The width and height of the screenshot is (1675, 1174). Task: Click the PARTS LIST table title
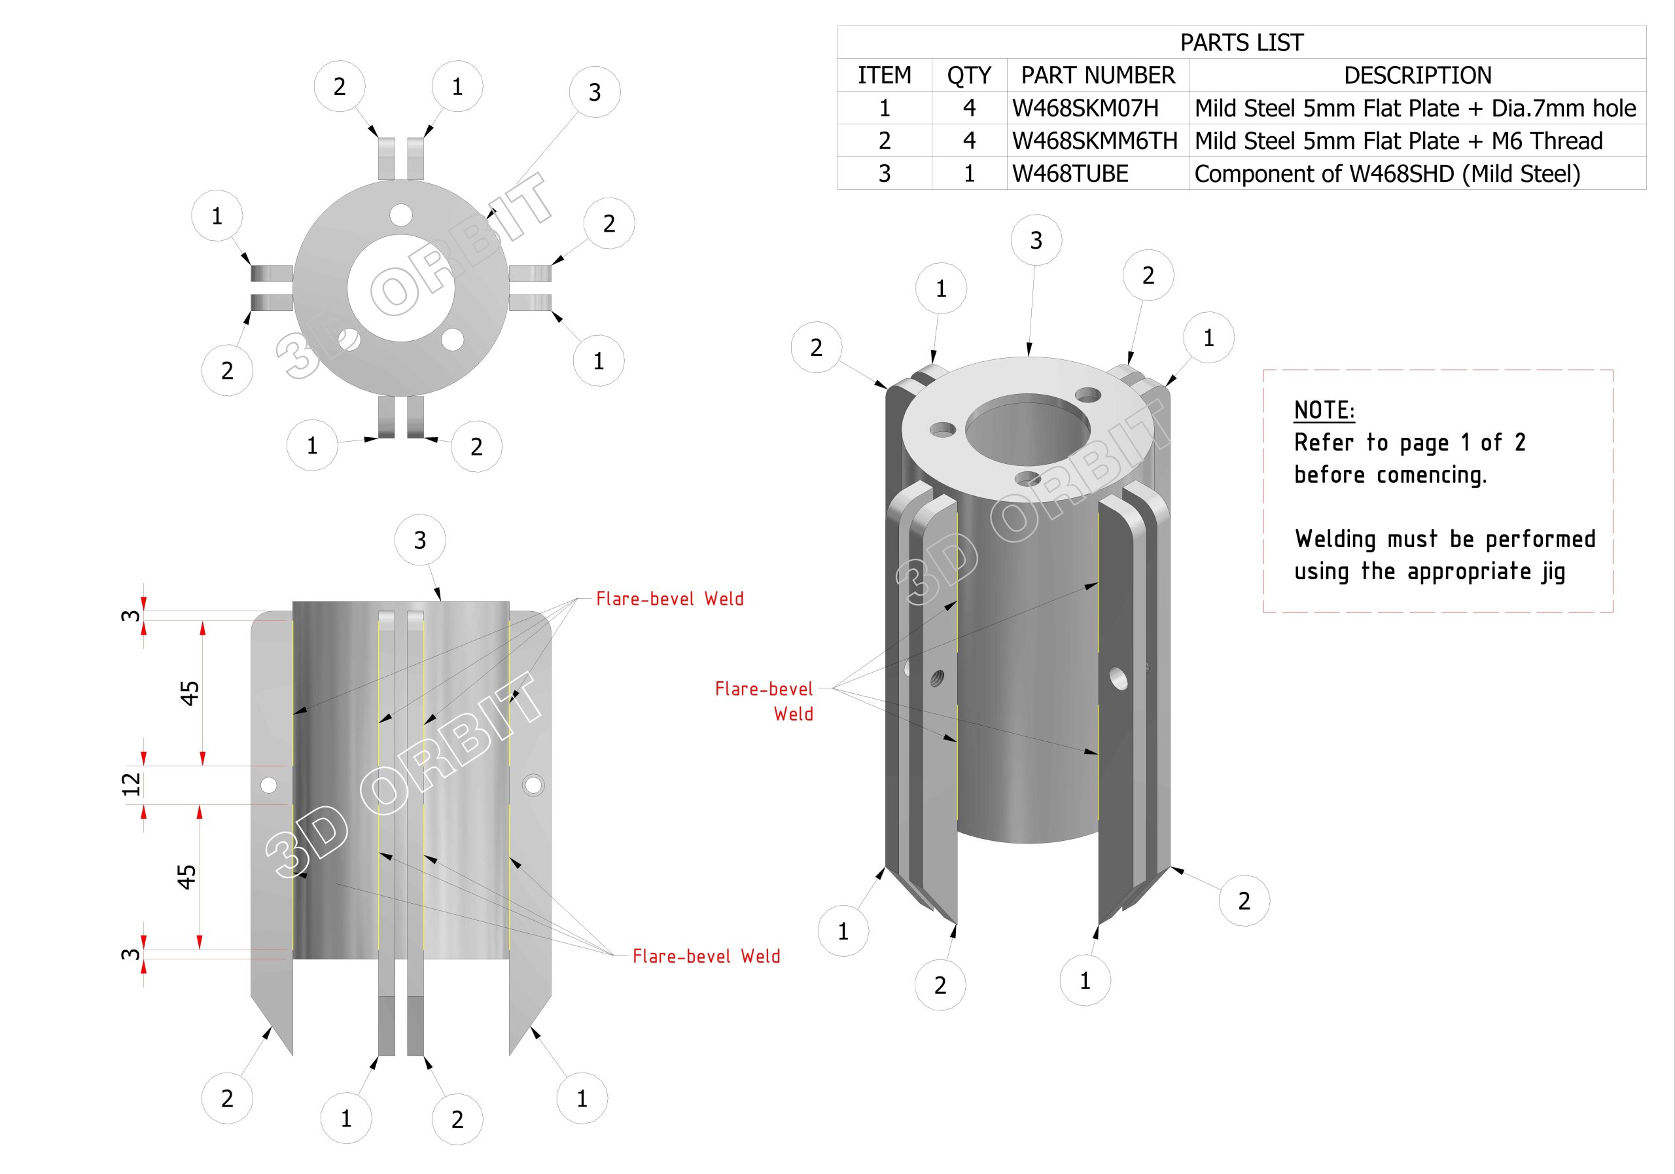pos(1241,43)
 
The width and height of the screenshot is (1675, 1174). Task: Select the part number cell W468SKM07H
pos(1085,108)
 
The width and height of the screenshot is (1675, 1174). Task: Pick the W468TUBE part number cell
pos(1070,173)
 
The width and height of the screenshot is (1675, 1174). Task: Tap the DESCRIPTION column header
pos(1417,75)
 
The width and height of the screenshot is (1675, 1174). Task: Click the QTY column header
pos(969,75)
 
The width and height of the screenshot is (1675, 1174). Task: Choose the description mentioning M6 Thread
pos(1398,141)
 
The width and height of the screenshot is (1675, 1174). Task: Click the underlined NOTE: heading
pos(1324,410)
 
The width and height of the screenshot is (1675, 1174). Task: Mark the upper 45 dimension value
pos(189,693)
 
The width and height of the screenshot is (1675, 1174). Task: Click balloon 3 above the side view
pos(419,541)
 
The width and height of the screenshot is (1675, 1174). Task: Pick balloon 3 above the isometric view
pos(1036,240)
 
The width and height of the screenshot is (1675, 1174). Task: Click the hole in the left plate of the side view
pos(268,785)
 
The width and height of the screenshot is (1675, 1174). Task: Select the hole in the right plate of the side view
pos(533,785)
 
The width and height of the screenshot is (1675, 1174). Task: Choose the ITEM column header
pos(884,75)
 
